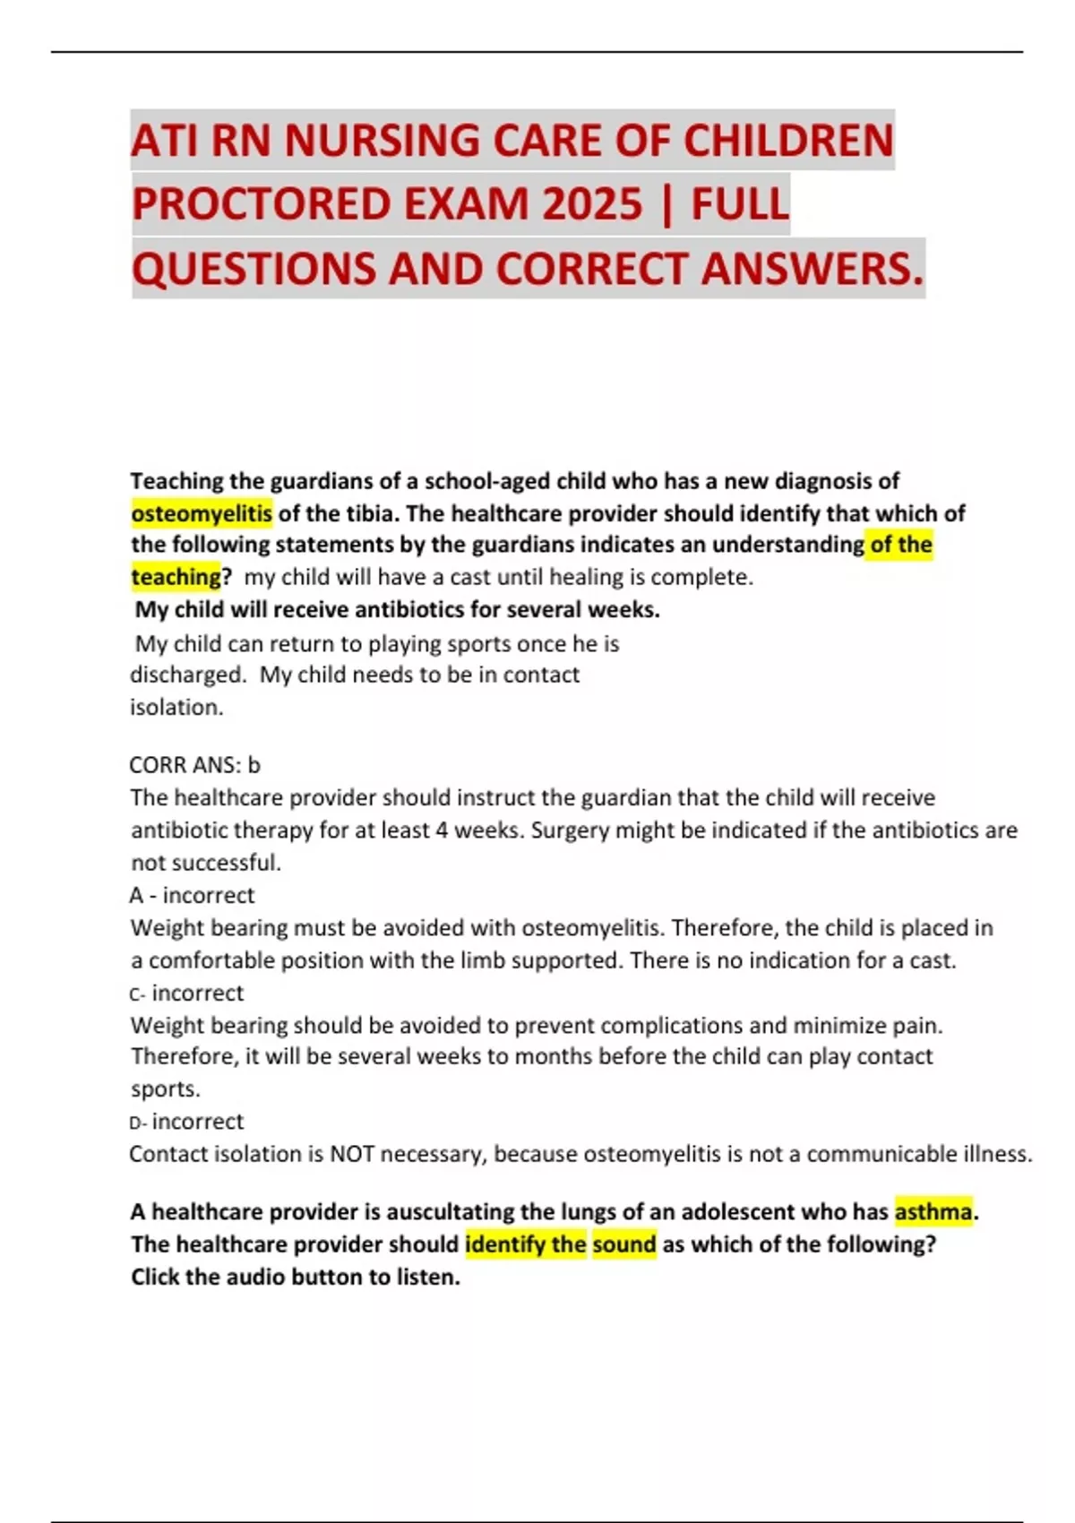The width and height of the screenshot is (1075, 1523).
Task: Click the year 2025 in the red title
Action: [592, 204]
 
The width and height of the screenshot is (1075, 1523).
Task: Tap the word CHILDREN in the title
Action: [788, 141]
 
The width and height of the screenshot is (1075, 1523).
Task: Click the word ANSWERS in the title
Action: [811, 269]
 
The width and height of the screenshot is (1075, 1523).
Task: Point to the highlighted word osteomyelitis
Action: [202, 513]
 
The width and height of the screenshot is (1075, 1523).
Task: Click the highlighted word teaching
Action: [176, 577]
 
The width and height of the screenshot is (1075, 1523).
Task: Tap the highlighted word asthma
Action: [933, 1212]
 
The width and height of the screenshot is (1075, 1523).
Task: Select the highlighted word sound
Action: [624, 1244]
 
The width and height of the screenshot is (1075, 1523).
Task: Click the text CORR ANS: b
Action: [195, 765]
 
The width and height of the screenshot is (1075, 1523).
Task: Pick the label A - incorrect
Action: [192, 895]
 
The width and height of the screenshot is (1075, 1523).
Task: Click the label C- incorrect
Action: [186, 993]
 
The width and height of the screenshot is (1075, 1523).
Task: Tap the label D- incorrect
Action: [186, 1122]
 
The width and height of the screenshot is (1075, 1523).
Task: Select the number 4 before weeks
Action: [441, 830]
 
